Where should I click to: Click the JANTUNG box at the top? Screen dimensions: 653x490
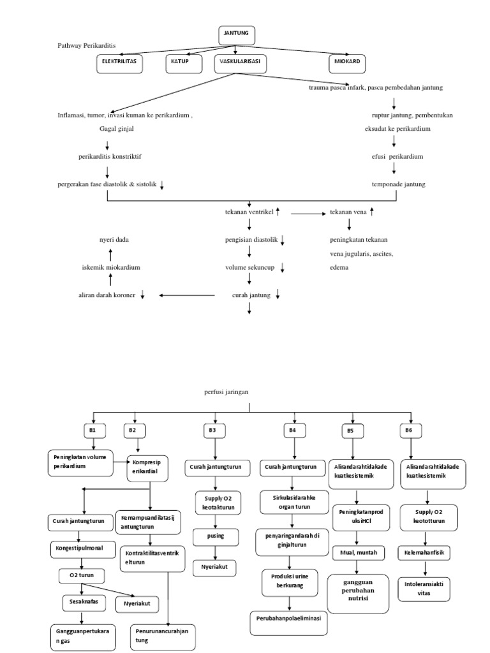pos(236,35)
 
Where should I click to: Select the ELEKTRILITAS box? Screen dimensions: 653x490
pos(119,63)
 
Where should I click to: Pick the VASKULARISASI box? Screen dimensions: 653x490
pos(241,63)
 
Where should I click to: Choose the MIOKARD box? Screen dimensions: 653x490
pos(348,63)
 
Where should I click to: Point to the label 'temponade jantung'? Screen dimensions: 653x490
pos(398,184)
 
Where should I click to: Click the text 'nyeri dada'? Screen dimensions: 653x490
pos(115,240)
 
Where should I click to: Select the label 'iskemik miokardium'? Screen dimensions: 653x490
pos(111,267)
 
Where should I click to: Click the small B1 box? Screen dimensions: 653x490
pos(93,430)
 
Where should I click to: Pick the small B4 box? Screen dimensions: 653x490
pos(292,430)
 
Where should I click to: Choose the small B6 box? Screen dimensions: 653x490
pos(409,430)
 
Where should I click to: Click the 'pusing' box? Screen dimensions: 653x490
pos(216,536)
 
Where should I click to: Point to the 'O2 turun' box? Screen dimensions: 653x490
pos(82,575)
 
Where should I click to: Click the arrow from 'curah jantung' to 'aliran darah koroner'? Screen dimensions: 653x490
pos(191,295)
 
